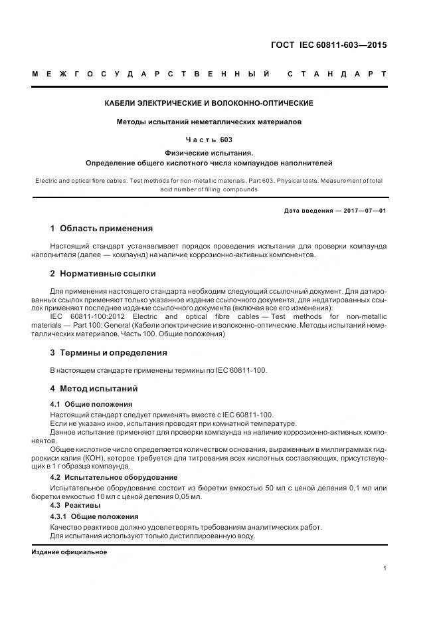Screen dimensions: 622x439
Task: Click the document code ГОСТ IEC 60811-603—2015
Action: point(329,45)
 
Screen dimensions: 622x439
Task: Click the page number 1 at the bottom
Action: point(385,568)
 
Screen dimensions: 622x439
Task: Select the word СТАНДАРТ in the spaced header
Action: point(337,73)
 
